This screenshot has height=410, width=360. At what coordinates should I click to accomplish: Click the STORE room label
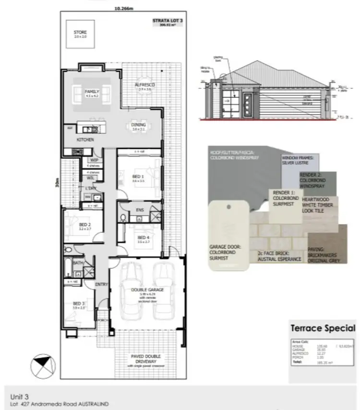tap(80, 33)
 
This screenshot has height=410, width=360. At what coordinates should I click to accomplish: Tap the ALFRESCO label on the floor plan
tap(144, 86)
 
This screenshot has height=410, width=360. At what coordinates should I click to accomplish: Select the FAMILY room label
tap(91, 91)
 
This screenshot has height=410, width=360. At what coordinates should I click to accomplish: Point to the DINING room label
tap(139, 125)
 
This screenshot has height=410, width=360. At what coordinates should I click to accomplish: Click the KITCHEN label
tap(84, 139)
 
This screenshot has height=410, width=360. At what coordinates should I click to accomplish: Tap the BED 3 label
tap(78, 303)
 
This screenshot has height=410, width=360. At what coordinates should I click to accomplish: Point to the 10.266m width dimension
tap(124, 7)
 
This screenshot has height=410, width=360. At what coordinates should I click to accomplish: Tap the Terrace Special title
tap(323, 329)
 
